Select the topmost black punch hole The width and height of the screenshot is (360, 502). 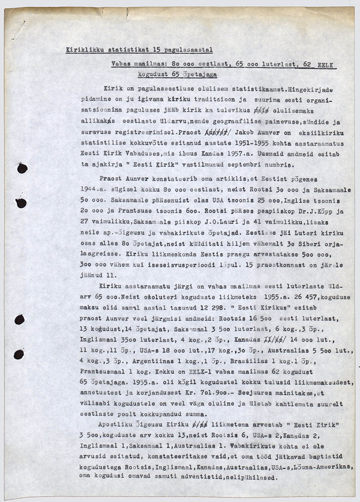(22, 168)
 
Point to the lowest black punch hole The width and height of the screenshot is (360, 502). (19, 354)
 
